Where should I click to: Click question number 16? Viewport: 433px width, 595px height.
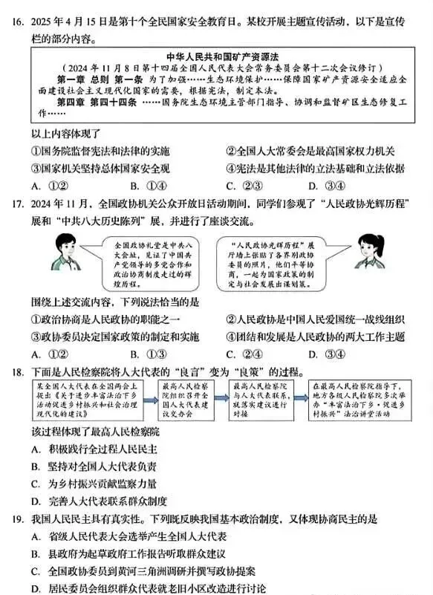[x=16, y=23]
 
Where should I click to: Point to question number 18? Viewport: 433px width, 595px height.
[x=16, y=371]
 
